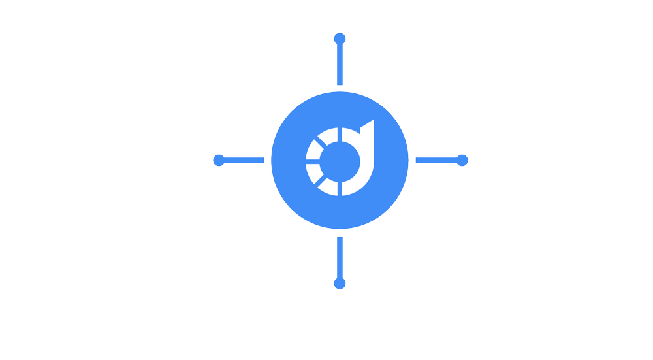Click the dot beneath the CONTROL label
coord(340,39)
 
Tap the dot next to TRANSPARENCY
coord(219,159)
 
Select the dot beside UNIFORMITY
coord(462,159)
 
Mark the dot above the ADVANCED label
coord(339,284)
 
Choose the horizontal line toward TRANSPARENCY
coord(246,159)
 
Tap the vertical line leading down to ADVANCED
coord(339,257)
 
